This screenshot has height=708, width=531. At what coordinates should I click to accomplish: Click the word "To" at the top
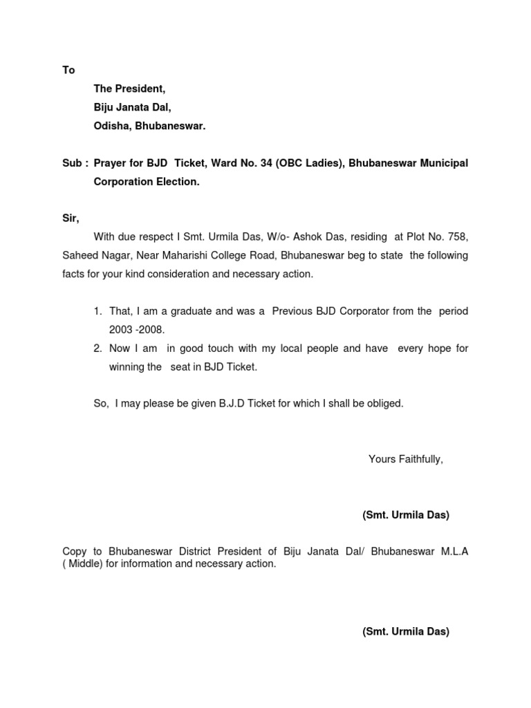[68, 70]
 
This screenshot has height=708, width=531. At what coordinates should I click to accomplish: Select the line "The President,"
[129, 89]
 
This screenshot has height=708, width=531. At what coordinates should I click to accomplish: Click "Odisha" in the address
[111, 127]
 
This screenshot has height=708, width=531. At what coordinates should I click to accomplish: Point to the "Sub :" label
[75, 163]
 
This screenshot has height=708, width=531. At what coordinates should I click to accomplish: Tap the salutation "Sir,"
[71, 218]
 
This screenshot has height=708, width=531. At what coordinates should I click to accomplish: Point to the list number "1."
[98, 311]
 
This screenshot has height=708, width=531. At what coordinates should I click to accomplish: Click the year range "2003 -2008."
[136, 330]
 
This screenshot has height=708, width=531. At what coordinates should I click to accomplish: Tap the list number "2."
[98, 348]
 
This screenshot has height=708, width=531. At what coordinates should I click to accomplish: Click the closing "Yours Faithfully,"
[406, 459]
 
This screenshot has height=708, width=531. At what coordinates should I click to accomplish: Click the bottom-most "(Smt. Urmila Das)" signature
[406, 631]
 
